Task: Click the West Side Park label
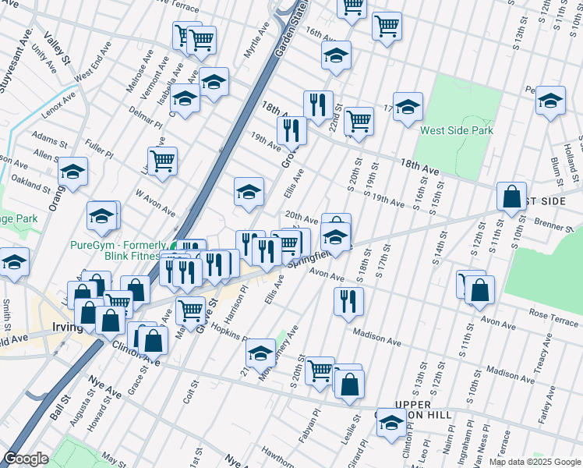[x=456, y=130]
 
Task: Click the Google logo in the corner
[x=26, y=459]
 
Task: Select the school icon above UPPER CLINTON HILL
[x=390, y=424]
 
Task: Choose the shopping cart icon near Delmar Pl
[x=162, y=161]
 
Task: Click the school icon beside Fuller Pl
[x=72, y=172]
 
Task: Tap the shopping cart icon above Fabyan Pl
[x=320, y=370]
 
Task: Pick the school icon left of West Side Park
[x=407, y=107]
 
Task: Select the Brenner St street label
[x=554, y=223]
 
